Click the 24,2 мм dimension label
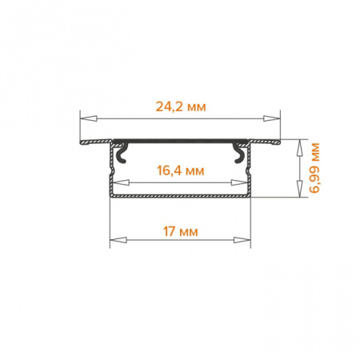click(x=181, y=107)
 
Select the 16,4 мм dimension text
click(x=181, y=170)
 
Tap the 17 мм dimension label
click(x=181, y=231)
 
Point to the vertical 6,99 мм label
click(x=314, y=168)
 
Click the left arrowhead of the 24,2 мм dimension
click(x=88, y=118)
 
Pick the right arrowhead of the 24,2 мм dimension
click(x=272, y=118)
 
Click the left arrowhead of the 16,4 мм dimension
click(x=121, y=182)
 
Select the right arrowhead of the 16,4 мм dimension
click(x=239, y=182)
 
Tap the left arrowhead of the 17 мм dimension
click(x=118, y=240)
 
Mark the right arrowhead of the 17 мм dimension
click(x=242, y=240)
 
